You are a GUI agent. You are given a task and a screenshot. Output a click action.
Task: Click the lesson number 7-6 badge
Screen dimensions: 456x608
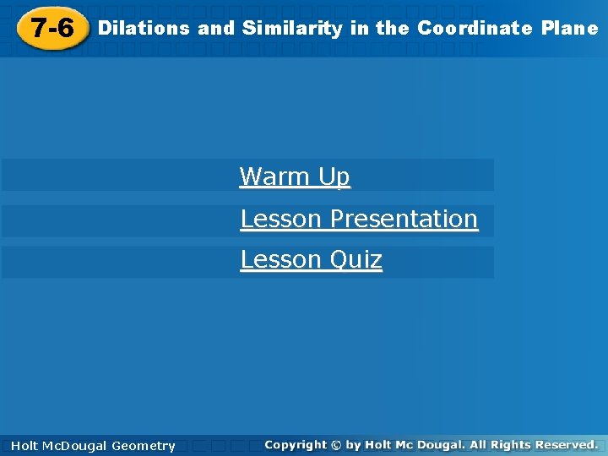click(52, 29)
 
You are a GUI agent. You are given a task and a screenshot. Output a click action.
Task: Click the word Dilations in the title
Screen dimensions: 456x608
click(144, 29)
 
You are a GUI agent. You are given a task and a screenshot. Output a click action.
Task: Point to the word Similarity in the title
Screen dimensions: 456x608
click(292, 29)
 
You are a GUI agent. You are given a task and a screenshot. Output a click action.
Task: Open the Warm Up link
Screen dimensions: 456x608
click(295, 176)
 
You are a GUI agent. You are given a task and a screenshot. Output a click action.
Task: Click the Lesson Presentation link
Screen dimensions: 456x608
click(359, 219)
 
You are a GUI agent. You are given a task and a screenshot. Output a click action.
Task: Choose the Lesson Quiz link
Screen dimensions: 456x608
click(311, 259)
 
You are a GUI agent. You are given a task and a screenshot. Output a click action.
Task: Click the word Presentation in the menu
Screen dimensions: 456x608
click(404, 219)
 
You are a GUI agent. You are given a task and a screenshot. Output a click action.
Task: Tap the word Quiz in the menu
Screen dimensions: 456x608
click(356, 260)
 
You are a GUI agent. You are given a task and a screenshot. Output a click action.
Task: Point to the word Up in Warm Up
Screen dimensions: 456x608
click(334, 177)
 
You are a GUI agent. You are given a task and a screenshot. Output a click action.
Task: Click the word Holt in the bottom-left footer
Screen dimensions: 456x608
click(24, 446)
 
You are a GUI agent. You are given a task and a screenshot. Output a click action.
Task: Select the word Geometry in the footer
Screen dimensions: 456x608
click(144, 446)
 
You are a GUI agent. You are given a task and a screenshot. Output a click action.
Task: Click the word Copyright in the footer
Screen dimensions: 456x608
click(295, 444)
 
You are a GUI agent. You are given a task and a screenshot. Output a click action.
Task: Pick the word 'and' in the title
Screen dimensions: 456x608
click(216, 29)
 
